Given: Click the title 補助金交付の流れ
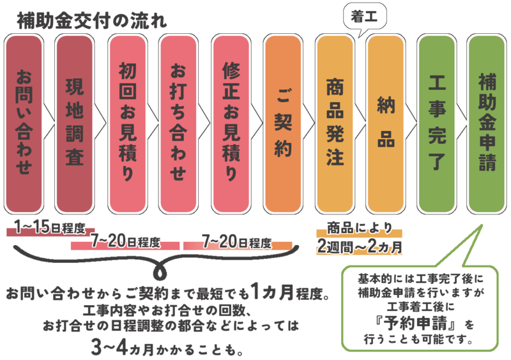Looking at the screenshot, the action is (91, 21).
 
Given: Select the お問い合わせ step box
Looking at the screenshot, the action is (24, 124).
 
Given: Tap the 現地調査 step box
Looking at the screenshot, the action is (75, 124).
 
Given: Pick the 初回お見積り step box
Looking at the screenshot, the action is (127, 124).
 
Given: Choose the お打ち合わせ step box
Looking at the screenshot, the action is (178, 124).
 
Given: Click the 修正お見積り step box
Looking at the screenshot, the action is (231, 124).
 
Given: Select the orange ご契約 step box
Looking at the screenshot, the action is (283, 124).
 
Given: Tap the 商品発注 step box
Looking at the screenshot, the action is (335, 124).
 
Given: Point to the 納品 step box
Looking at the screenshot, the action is (386, 124).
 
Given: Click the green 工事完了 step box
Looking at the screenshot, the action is (437, 124).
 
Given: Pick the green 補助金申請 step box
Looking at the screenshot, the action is (487, 124).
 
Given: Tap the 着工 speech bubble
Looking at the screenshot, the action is (365, 17).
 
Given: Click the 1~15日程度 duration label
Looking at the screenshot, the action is (50, 228).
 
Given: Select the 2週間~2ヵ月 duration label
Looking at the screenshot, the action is (360, 247).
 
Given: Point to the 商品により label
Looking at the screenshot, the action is (360, 228).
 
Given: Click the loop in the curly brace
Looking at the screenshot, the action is (160, 272).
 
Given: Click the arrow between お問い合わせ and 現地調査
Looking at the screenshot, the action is (49, 124).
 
